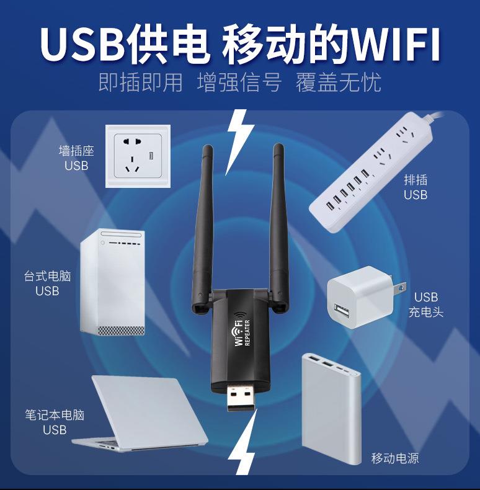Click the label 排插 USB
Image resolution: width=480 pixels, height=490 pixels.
[x=416, y=187]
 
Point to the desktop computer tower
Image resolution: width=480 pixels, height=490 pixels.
[x=112, y=283]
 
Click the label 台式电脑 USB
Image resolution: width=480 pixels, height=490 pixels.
[x=47, y=283]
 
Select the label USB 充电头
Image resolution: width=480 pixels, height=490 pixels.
[x=426, y=305]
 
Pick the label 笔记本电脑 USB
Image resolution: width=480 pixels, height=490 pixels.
[x=55, y=422]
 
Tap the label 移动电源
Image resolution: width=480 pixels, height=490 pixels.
[x=395, y=459]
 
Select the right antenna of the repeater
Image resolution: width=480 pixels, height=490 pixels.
[x=278, y=223]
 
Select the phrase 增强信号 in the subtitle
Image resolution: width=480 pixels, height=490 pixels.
[x=239, y=82]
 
